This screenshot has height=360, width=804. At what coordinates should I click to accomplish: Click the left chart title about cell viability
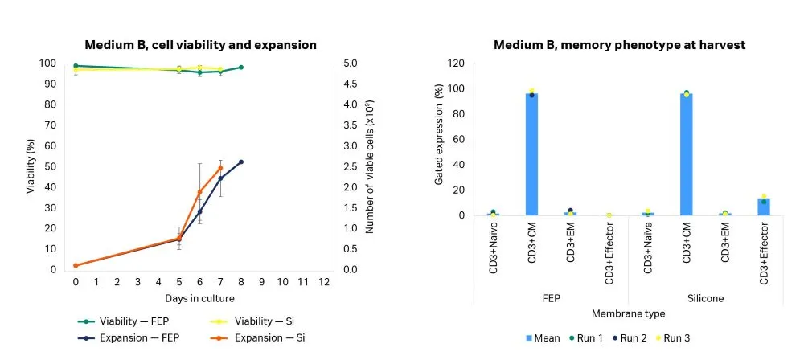click(201, 45)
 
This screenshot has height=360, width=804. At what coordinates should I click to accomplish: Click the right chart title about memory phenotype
click(620, 45)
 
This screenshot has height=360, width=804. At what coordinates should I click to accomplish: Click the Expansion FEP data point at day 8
click(240, 162)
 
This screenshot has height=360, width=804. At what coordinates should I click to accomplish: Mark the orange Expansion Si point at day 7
click(220, 168)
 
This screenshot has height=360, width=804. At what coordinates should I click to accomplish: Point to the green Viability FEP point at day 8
click(240, 67)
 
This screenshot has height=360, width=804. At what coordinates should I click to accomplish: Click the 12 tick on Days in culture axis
click(324, 282)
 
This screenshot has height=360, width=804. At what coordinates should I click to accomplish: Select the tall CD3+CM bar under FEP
click(531, 154)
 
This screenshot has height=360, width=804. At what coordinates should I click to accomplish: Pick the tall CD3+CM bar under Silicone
click(686, 154)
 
